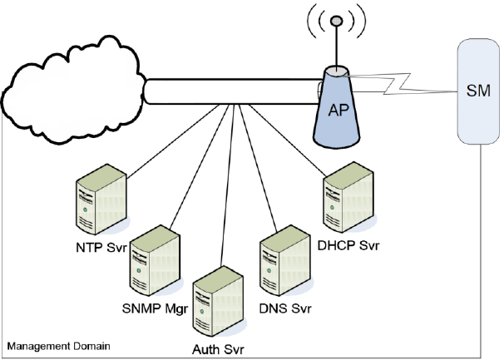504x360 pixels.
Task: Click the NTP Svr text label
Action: [101, 248]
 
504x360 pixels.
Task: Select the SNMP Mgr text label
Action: [155, 309]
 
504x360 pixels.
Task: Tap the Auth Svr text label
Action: [218, 349]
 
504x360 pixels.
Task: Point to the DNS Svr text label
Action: [285, 308]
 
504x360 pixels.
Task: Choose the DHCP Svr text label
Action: [348, 245]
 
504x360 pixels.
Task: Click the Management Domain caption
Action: [59, 346]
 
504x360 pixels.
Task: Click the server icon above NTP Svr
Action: [102, 200]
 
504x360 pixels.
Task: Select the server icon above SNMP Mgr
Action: [156, 260]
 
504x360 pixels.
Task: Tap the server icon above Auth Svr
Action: [218, 302]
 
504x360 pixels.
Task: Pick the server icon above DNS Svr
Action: [285, 260]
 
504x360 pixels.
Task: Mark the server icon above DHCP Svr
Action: [348, 197]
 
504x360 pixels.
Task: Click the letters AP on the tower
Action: [338, 111]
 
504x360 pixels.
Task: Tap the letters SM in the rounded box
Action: [478, 91]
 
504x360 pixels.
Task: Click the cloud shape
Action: [73, 90]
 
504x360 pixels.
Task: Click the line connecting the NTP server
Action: [173, 141]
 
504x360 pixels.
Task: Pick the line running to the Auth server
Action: [227, 185]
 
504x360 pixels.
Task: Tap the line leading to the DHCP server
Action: [287, 141]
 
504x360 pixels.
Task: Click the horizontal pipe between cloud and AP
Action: [232, 91]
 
